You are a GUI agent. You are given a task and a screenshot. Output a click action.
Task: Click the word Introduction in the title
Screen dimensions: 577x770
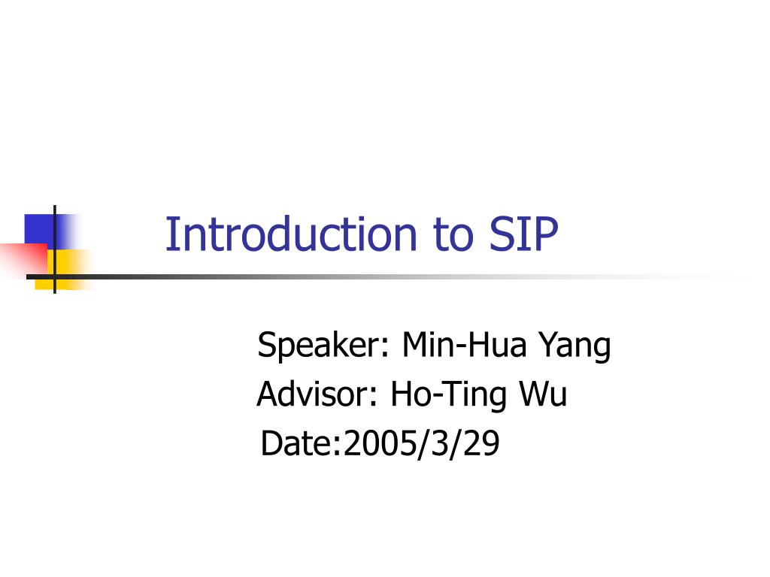coord(290,234)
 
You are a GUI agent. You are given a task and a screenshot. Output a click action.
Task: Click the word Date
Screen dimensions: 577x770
coord(296,444)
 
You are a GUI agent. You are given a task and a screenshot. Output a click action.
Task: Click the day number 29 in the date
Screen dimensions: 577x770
coord(481,444)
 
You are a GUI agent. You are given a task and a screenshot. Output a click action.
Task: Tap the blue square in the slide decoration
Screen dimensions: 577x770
coord(39,229)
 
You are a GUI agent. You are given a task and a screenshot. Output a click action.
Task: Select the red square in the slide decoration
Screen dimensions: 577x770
coord(23,258)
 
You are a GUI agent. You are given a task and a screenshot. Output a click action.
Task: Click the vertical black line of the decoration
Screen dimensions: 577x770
coord(55,225)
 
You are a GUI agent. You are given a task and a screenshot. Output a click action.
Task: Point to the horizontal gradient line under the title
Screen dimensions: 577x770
coord(376,276)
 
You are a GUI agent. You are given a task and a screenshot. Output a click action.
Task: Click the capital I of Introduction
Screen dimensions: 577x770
coord(169,234)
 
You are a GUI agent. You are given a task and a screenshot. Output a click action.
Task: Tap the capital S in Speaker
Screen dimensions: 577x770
coord(265,346)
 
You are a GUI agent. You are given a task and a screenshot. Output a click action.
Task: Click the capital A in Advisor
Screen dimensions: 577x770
coord(265,394)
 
